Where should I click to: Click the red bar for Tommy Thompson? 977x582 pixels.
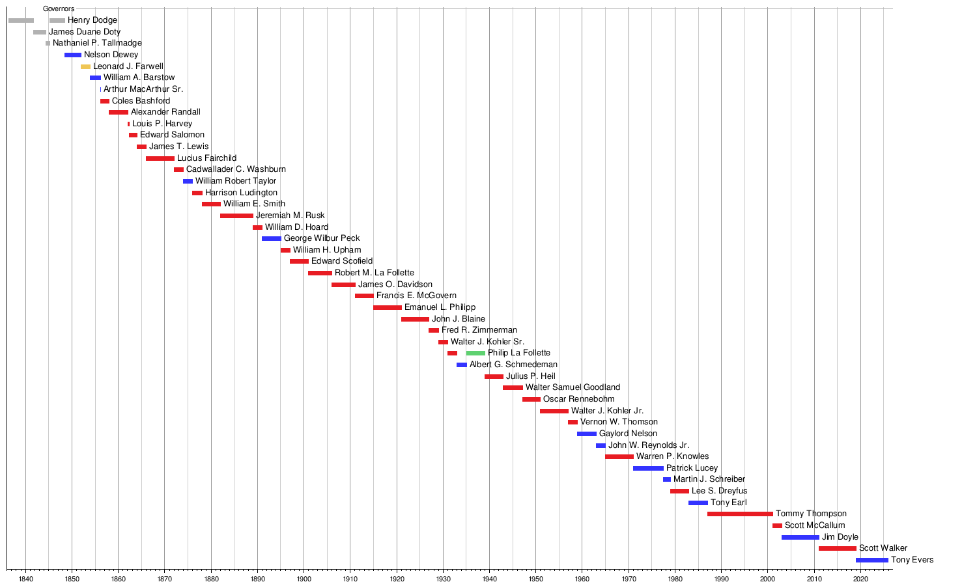pos(740,514)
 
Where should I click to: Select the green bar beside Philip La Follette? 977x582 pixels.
pos(475,353)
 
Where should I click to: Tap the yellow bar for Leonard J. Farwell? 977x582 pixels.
pos(85,67)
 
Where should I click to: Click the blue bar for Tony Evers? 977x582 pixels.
pos(871,561)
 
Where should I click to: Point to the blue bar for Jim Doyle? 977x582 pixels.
pos(800,538)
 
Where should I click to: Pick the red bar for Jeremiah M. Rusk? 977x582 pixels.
pos(236,216)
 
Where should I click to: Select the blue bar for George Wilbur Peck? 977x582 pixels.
pos(271,239)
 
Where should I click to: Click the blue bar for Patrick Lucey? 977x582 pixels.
pos(648,469)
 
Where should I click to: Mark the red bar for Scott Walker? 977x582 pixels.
pos(837,549)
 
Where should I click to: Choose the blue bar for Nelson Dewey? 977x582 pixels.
pos(73,55)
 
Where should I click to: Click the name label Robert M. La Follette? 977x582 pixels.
pos(375,273)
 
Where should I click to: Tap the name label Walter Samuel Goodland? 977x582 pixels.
pos(573,387)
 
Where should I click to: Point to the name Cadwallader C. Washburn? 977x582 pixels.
pos(236,169)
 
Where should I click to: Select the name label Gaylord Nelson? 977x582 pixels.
pos(628,434)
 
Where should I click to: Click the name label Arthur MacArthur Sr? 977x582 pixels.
pos(143,89)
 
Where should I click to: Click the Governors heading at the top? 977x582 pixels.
pos(59,9)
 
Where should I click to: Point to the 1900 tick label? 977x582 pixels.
pos(304,578)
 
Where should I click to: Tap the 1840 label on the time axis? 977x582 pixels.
pos(25,578)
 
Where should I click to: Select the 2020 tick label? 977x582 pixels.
pos(860,578)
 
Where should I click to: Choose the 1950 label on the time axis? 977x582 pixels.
pos(535,578)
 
